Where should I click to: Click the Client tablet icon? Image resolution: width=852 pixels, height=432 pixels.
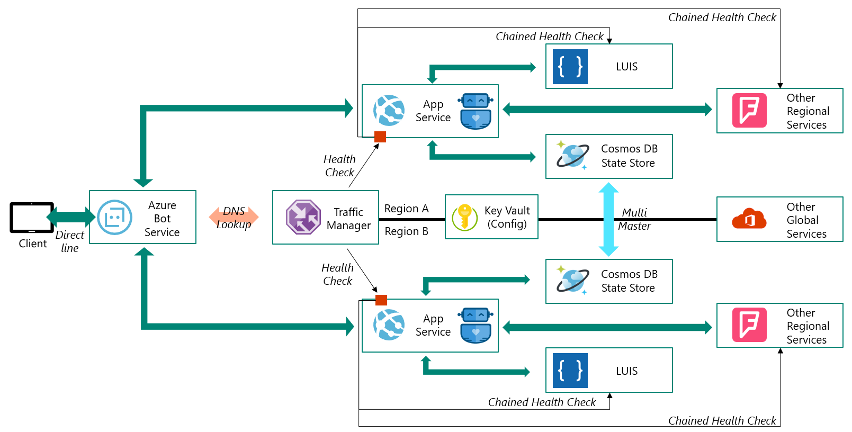(32, 217)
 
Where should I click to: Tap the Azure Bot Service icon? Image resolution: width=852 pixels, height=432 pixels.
(114, 217)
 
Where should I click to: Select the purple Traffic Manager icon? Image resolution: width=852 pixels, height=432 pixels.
(303, 217)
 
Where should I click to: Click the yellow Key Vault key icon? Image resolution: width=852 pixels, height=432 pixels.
(464, 217)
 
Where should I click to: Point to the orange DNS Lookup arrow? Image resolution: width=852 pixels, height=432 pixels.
(234, 217)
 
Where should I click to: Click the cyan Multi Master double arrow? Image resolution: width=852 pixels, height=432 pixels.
(608, 219)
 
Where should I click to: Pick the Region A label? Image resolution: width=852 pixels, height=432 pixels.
(406, 209)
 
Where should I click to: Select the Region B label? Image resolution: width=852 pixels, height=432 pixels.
(406, 231)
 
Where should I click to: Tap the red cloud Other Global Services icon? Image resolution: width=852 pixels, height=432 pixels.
(749, 218)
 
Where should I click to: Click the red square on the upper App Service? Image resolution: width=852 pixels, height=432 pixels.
(380, 137)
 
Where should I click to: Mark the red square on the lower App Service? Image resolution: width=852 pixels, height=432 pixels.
(381, 300)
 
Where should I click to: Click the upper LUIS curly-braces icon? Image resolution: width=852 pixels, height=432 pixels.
(570, 67)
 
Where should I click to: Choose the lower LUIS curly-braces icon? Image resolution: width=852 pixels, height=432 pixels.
(570, 371)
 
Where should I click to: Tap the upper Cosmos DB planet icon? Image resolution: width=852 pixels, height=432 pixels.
(572, 155)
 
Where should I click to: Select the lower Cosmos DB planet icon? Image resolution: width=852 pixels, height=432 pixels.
(572, 281)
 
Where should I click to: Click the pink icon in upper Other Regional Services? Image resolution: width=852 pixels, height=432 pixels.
(749, 110)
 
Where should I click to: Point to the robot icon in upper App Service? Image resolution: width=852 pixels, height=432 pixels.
(476, 111)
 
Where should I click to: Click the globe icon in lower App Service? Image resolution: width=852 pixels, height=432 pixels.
(389, 325)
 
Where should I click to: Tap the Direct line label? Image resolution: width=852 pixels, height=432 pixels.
(69, 241)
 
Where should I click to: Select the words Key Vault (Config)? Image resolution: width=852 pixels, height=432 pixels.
(507, 217)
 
